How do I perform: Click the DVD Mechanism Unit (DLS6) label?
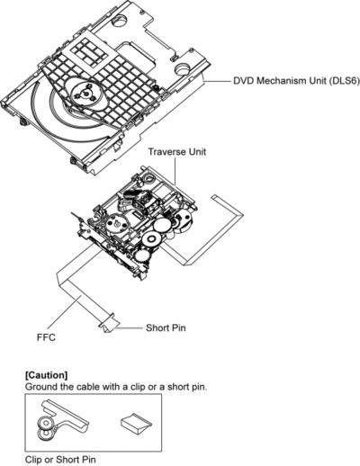coord(296,81)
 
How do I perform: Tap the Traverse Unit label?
coord(177,151)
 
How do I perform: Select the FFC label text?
coord(46,337)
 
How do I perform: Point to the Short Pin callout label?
coord(166,327)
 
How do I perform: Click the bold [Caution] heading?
coord(47,375)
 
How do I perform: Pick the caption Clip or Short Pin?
coord(60,460)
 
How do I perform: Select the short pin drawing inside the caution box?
coord(136,422)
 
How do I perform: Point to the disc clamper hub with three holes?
coord(86,94)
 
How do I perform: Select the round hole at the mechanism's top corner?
coord(119,21)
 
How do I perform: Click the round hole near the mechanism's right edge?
coord(184,69)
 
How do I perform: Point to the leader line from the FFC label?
coord(64,311)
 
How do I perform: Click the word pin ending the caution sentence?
coord(200,387)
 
